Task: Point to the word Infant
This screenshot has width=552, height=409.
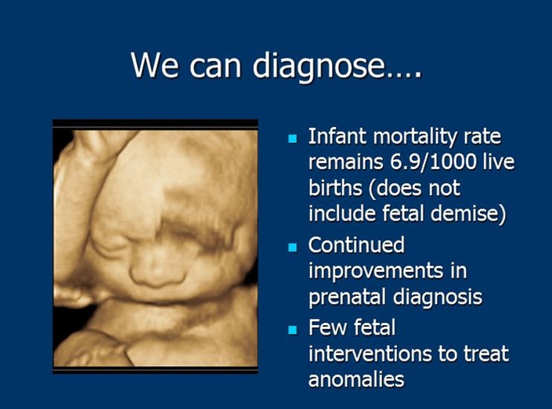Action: click(x=337, y=136)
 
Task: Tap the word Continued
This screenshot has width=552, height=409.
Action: click(x=356, y=244)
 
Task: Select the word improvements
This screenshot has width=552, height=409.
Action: click(x=376, y=272)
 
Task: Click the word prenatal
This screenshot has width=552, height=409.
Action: click(x=348, y=297)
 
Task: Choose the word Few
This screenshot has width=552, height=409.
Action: click(x=328, y=328)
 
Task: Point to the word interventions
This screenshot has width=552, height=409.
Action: click(x=370, y=353)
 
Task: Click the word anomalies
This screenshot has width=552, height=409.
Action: click(x=356, y=379)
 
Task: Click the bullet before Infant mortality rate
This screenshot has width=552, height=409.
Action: click(x=293, y=138)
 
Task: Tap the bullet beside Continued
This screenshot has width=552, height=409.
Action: click(x=293, y=247)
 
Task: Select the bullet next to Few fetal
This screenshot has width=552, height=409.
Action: click(x=293, y=330)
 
